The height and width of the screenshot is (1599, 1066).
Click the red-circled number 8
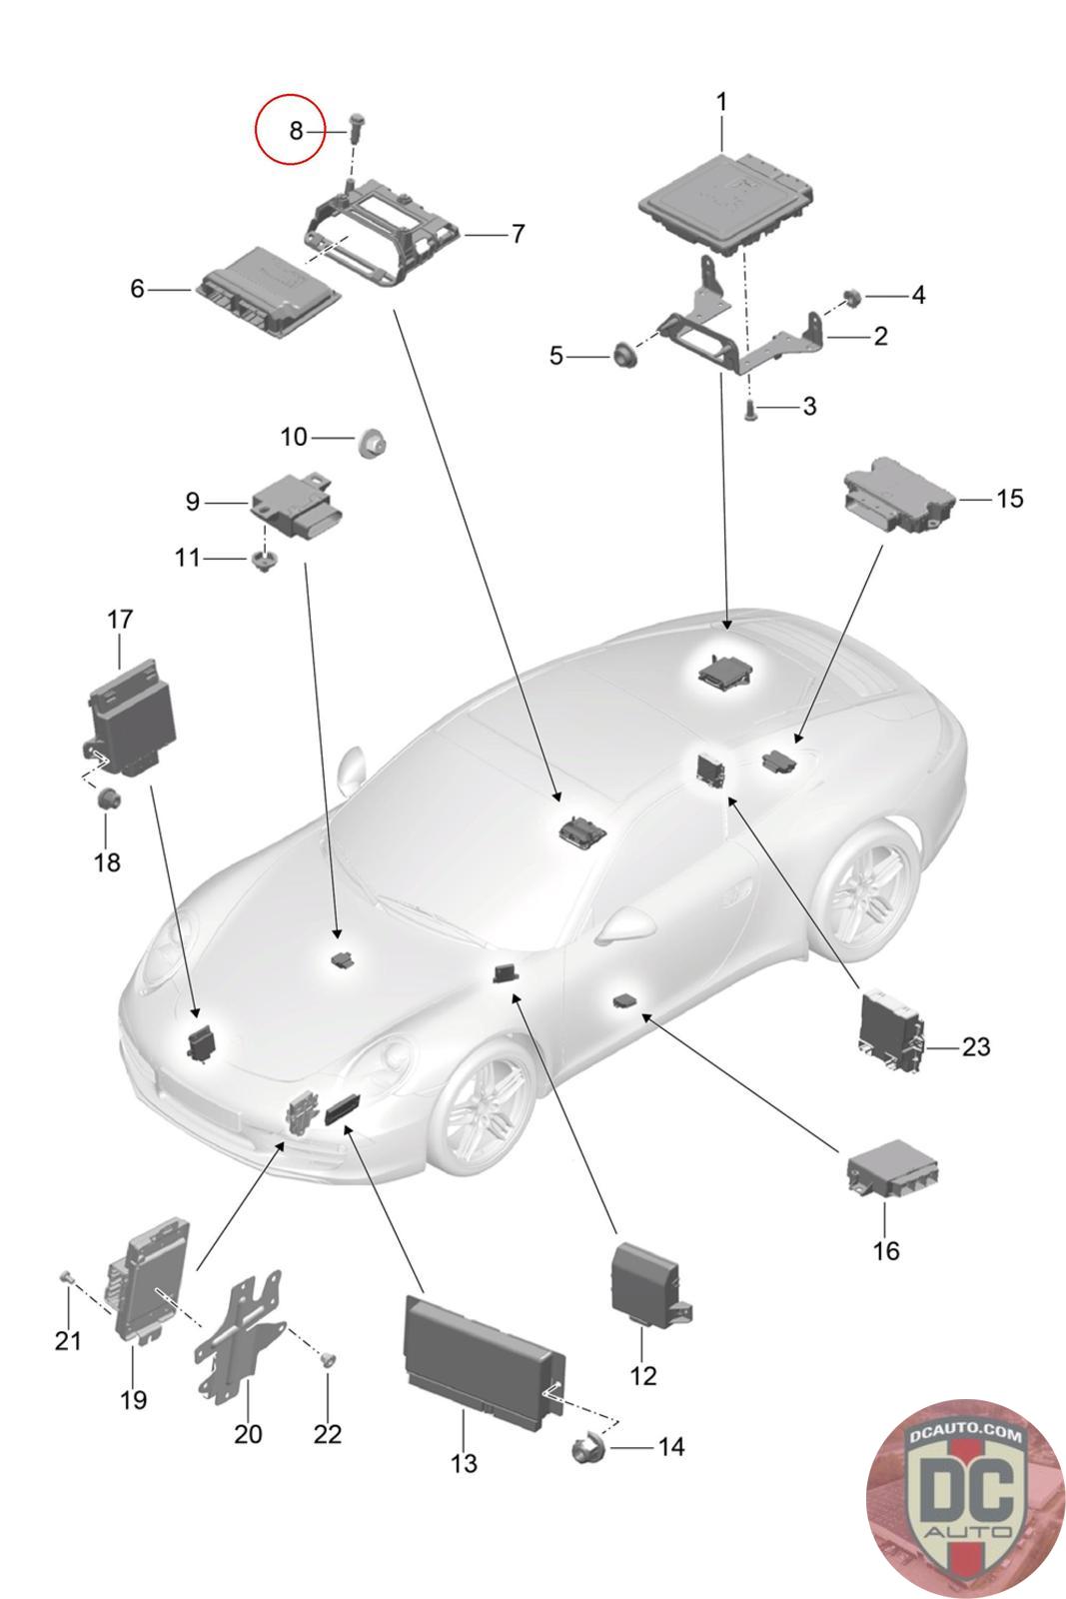[x=296, y=131]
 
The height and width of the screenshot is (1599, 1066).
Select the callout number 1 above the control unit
[x=722, y=102]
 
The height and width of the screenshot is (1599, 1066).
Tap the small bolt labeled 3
[x=749, y=411]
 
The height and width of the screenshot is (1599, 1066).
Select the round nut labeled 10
[x=371, y=444]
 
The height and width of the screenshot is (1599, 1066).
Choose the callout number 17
[x=120, y=619]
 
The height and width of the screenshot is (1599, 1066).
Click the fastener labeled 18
[x=109, y=798]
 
